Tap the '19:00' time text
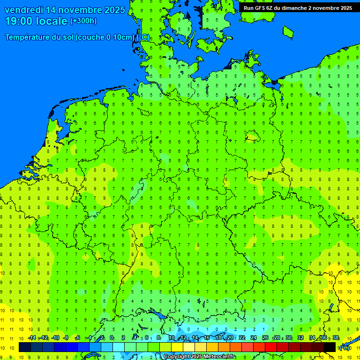click(x=18, y=21)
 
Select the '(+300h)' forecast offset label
click(x=83, y=21)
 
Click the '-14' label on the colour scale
click(x=31, y=338)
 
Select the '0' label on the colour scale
click(x=112, y=338)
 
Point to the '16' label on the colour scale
click(x=207, y=338)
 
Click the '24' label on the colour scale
click(x=254, y=338)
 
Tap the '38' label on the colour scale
click(x=336, y=338)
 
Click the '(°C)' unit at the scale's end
click(x=344, y=347)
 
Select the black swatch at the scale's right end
click(x=330, y=347)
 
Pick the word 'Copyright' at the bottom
click(x=177, y=357)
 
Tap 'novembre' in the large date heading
click(x=78, y=10)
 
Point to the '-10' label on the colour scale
click(x=55, y=338)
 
